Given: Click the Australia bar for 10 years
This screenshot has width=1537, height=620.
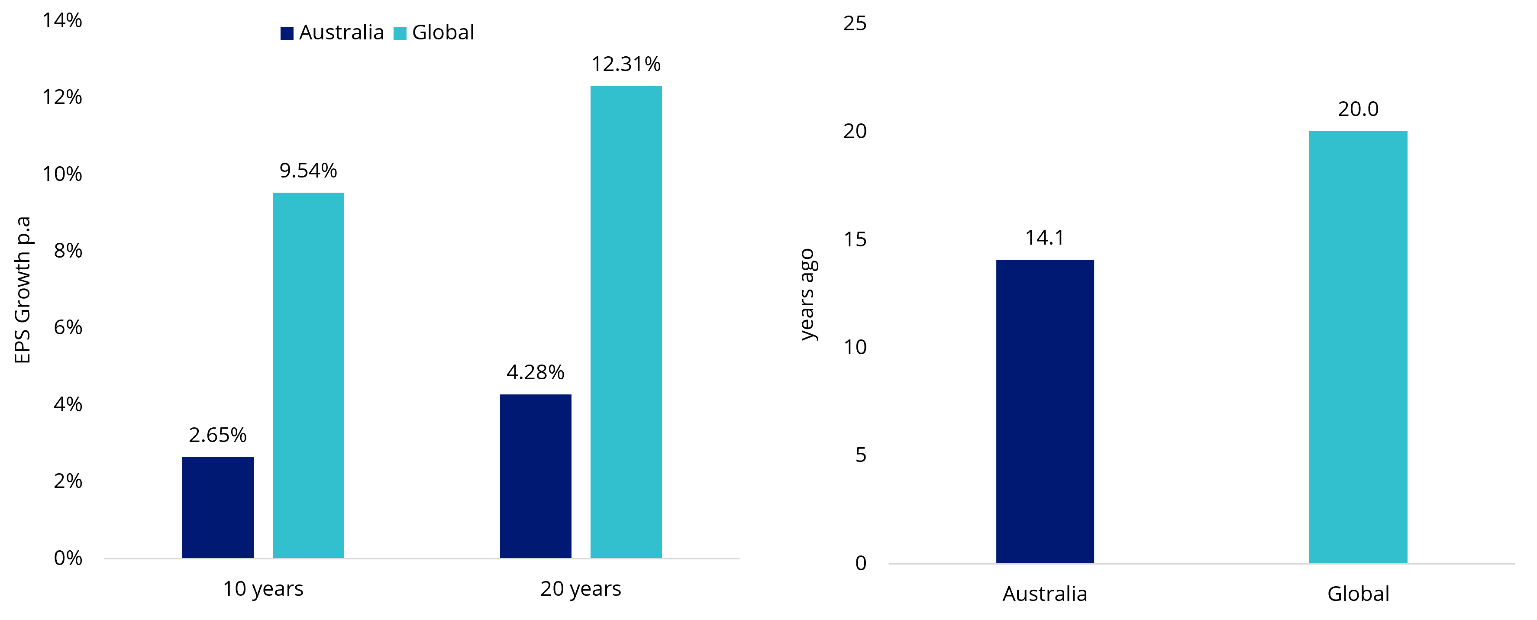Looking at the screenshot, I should coord(218,507).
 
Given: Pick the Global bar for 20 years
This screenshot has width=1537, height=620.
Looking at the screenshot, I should coord(626,322).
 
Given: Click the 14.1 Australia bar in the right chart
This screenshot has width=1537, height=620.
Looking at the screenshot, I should coord(1045,411).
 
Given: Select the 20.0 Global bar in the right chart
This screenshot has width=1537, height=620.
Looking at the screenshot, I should coord(1358,347).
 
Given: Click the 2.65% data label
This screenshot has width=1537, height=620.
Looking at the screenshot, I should coord(218,435).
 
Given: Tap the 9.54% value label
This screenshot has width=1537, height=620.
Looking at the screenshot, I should coord(308,171).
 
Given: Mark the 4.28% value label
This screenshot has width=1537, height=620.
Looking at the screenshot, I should coord(535,372).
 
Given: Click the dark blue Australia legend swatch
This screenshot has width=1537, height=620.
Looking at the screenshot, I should coord(287,33).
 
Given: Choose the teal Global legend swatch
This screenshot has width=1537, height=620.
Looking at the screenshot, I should coord(400,33).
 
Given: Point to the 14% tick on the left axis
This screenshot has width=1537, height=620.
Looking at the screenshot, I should coord(62,20).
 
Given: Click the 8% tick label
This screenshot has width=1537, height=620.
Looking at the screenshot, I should coord(68,251).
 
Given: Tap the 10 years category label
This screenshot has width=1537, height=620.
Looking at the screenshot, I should coord(263,589).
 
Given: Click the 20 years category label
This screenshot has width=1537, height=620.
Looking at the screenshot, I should coord(581,589).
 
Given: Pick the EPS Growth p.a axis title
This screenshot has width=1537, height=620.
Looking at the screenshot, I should coord(23,290).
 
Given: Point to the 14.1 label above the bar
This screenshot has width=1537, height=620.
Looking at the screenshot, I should coord(1045,238).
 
